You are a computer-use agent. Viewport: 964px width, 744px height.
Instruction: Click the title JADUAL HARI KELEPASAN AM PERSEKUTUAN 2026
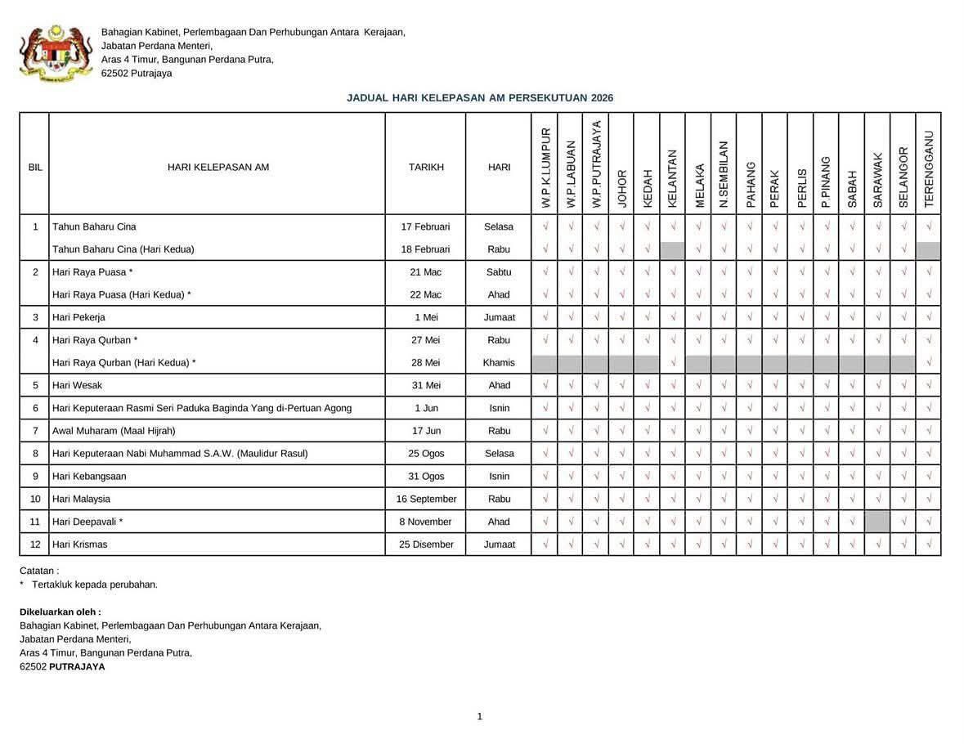(x=480, y=98)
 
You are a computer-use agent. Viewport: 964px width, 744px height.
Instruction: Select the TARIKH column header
(x=426, y=167)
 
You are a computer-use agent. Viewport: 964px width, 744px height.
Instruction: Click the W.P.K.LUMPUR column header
(x=545, y=167)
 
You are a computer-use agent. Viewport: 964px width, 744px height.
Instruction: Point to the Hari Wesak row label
(x=78, y=385)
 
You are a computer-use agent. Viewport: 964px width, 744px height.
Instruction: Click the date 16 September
(x=426, y=499)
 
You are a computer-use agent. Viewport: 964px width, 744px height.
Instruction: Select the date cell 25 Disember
(x=426, y=545)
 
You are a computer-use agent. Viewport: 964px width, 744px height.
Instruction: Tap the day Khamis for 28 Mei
(x=499, y=363)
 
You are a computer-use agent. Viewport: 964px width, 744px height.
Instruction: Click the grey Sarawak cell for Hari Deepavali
(x=877, y=522)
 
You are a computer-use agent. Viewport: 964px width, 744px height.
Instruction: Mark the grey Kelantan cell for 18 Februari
(x=672, y=249)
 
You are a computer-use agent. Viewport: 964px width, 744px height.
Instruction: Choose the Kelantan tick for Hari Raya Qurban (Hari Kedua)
(x=673, y=363)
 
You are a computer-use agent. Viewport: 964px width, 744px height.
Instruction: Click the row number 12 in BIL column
(x=35, y=545)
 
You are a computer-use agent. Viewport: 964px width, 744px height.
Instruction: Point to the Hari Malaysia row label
(x=81, y=499)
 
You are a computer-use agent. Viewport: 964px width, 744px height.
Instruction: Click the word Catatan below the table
(x=38, y=571)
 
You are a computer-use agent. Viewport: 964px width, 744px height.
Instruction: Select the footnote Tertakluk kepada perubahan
(x=94, y=585)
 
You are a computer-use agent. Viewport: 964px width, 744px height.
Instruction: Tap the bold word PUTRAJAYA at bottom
(x=77, y=667)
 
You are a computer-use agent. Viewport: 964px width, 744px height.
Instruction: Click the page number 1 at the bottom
(x=480, y=717)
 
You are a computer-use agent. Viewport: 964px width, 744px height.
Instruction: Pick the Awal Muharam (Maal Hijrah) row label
(x=114, y=431)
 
